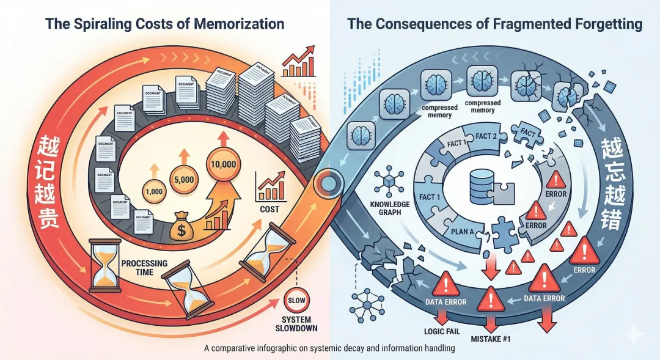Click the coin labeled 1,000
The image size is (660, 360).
tap(153, 191)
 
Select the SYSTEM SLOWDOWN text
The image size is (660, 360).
tap(296, 323)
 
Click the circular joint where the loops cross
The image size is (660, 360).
tap(331, 181)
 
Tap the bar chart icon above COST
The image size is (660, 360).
tap(271, 188)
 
